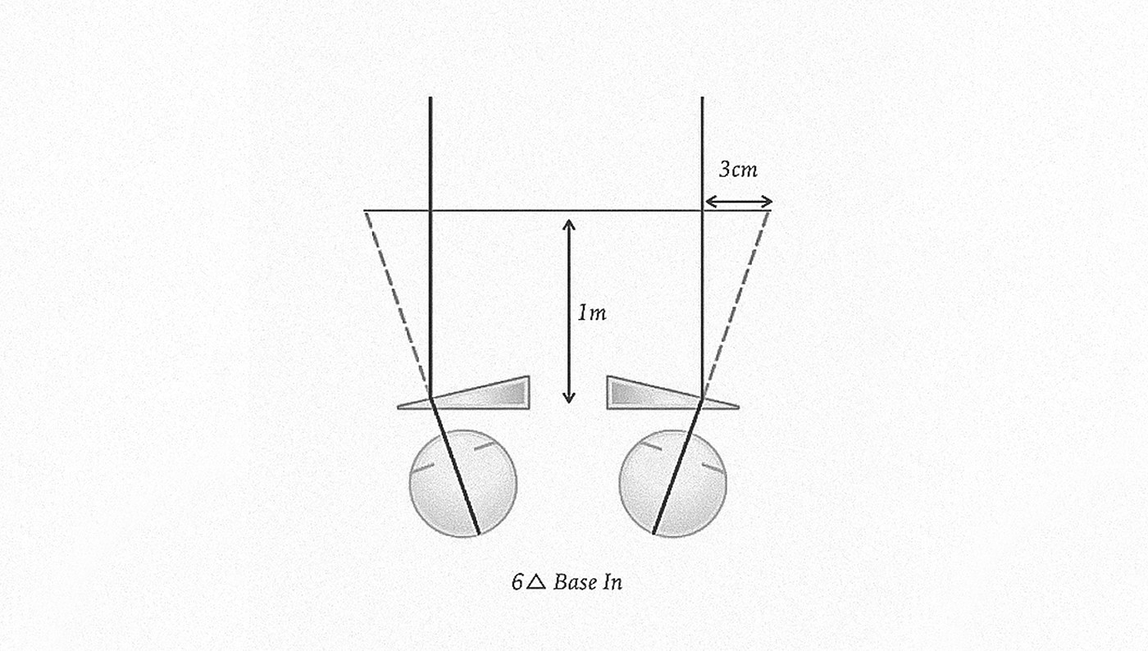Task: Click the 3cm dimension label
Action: click(738, 171)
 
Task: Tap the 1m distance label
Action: click(592, 312)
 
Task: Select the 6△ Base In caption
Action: click(566, 583)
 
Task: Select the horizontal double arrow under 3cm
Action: click(738, 202)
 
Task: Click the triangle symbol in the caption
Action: click(535, 583)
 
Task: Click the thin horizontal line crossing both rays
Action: click(566, 211)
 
